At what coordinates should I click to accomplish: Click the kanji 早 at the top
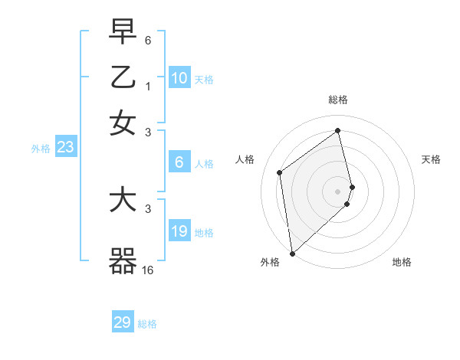123,33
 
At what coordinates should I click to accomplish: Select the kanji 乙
123,77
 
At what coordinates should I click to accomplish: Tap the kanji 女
123,123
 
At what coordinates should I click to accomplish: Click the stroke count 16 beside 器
148,270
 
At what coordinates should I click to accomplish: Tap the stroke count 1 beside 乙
148,86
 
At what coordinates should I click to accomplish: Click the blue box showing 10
179,78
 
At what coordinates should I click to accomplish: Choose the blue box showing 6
179,162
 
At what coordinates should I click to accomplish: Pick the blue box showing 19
179,231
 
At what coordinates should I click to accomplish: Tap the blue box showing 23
65,148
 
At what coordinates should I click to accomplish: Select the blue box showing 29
123,322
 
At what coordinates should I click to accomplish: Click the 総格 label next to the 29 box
147,324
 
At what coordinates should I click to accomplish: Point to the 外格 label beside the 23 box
40,149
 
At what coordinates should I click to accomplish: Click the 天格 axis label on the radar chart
431,159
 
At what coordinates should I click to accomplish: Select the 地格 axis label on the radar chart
402,262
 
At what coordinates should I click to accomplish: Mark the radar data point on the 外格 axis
291,253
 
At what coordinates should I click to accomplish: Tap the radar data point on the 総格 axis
338,130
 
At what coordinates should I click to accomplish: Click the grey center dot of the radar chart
338,191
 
